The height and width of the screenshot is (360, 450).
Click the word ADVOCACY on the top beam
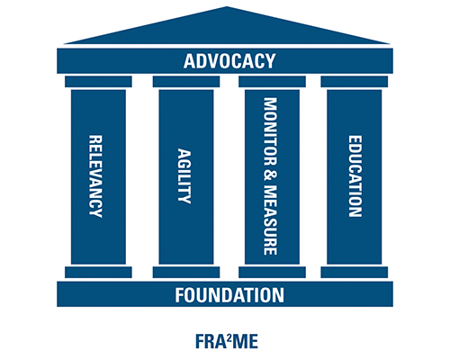coord(229,61)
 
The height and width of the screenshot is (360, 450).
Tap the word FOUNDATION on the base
coord(229,295)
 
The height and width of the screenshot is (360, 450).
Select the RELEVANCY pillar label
coord(95,176)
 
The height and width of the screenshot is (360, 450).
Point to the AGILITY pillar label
coord(184,176)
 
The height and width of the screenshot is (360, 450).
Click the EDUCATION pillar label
coord(355,176)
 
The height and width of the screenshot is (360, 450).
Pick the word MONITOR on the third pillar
coord(270,131)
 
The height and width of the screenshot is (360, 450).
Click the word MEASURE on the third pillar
coord(270,220)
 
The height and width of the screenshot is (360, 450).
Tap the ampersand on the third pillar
coord(270,175)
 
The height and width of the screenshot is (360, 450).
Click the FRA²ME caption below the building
coord(227,341)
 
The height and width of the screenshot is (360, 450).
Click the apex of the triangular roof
coord(227,6)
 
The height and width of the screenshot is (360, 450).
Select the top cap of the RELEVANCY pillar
coord(98,82)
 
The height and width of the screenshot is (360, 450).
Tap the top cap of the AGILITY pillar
coord(186,82)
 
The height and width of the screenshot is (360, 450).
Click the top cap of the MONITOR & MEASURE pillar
coord(272,82)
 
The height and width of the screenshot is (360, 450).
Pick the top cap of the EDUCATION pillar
coord(355,82)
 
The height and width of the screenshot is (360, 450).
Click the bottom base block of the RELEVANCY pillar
coord(98,273)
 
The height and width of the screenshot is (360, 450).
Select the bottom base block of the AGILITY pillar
coord(186,273)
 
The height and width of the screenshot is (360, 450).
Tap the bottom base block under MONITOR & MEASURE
coord(272,273)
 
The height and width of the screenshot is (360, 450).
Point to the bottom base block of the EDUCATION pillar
coord(355,273)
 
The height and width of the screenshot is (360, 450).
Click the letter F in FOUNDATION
coord(179,295)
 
